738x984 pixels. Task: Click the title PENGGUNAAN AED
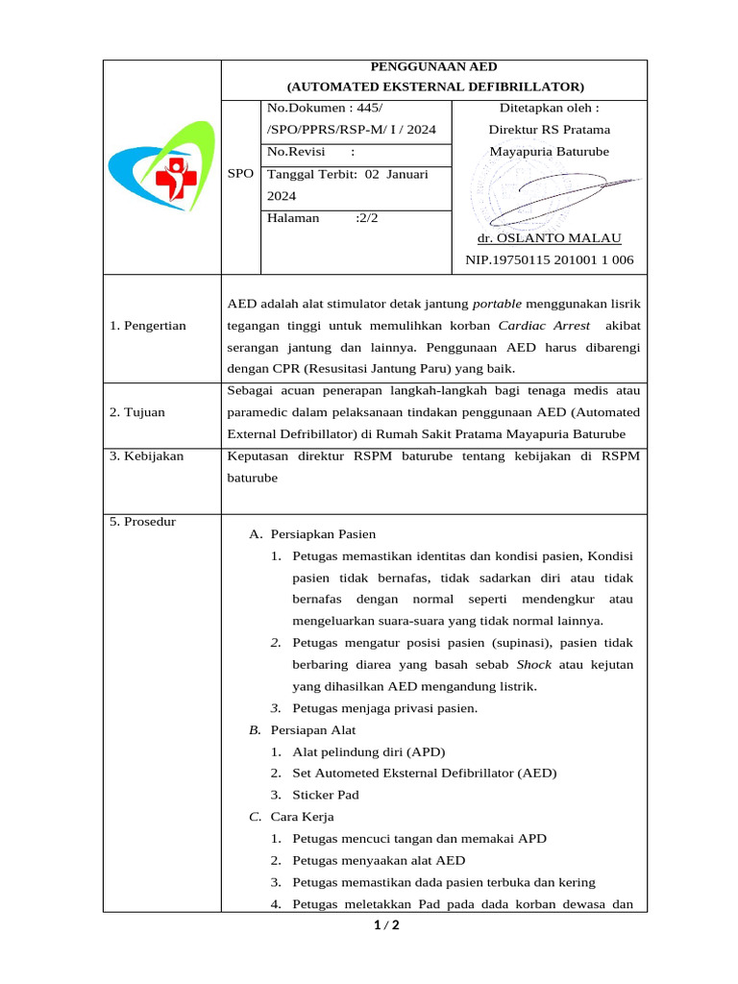click(434, 66)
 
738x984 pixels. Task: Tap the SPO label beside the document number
click(241, 174)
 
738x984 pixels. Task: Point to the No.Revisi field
click(311, 152)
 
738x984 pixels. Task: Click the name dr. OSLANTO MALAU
click(549, 237)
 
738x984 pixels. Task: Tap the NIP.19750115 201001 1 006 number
click(549, 259)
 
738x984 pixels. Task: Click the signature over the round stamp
click(567, 192)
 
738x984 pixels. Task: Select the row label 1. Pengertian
click(148, 326)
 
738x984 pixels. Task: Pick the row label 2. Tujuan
click(137, 412)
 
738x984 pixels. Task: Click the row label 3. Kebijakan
click(146, 455)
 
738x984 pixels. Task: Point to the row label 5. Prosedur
click(143, 521)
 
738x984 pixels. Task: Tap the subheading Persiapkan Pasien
click(323, 533)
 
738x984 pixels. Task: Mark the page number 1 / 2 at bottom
click(385, 926)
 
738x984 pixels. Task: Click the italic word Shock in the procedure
click(534, 664)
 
